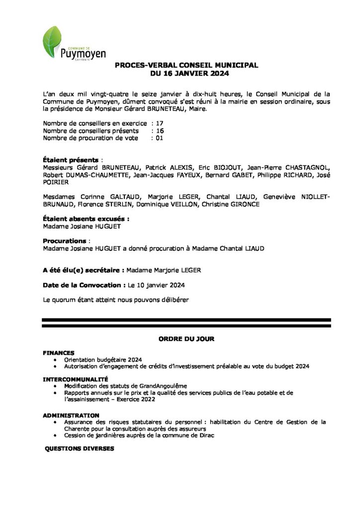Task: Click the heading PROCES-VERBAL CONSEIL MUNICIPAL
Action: pos(186,65)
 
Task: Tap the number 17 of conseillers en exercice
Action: pos(160,123)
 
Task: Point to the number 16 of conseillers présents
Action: pos(160,131)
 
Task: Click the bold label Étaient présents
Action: pos(71,160)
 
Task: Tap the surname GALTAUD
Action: pos(113,197)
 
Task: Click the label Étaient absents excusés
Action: pos(87,218)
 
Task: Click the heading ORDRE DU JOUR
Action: pos(186,339)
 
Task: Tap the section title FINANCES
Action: pos(59,352)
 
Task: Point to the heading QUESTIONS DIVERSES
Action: pos(80,448)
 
